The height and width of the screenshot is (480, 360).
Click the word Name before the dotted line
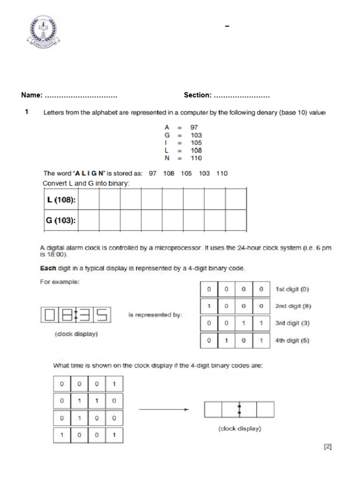(31, 95)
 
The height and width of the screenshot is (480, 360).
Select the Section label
(197, 95)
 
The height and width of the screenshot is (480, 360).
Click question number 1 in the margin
(27, 112)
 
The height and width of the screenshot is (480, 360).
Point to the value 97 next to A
(194, 127)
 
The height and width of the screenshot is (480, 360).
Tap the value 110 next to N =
(196, 158)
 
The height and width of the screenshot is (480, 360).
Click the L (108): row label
(61, 200)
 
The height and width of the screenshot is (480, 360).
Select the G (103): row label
(61, 221)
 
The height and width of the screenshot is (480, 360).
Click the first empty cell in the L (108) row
(88, 200)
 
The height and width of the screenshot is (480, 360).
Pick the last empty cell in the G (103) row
(236, 220)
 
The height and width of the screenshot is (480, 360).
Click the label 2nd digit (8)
(293, 306)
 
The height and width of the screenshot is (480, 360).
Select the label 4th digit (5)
(292, 340)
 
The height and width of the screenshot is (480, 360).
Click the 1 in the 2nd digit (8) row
(209, 306)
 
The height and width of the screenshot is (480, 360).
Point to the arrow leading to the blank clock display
(164, 409)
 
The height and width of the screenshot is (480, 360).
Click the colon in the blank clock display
(240, 409)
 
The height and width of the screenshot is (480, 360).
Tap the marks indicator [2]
(328, 447)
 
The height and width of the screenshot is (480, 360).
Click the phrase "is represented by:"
(155, 315)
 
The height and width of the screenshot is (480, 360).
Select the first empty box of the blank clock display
(214, 409)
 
